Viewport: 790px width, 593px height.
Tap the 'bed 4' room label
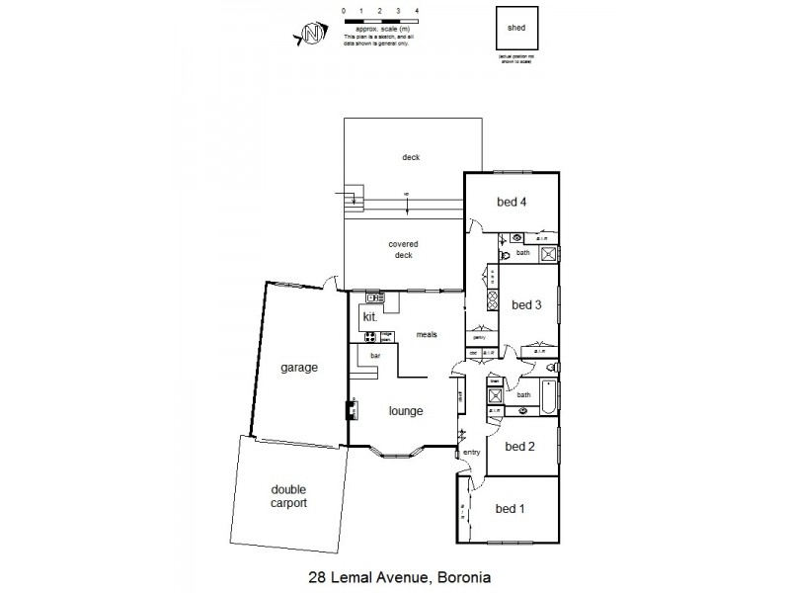pyautogui.click(x=511, y=203)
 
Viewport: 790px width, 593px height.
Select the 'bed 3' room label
pyautogui.click(x=525, y=304)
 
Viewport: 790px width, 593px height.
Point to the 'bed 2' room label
pyautogui.click(x=519, y=446)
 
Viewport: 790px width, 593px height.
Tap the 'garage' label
pyautogui.click(x=297, y=368)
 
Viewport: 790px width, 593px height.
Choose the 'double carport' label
pyautogui.click(x=288, y=495)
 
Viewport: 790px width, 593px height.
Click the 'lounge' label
pyautogui.click(x=406, y=411)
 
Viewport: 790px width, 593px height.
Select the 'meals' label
pyautogui.click(x=427, y=334)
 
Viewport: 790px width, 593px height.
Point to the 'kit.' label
pyautogui.click(x=371, y=317)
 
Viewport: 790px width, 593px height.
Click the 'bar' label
pyautogui.click(x=375, y=355)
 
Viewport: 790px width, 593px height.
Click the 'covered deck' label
pyautogui.click(x=402, y=249)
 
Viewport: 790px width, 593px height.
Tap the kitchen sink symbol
pyautogui.click(x=374, y=297)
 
